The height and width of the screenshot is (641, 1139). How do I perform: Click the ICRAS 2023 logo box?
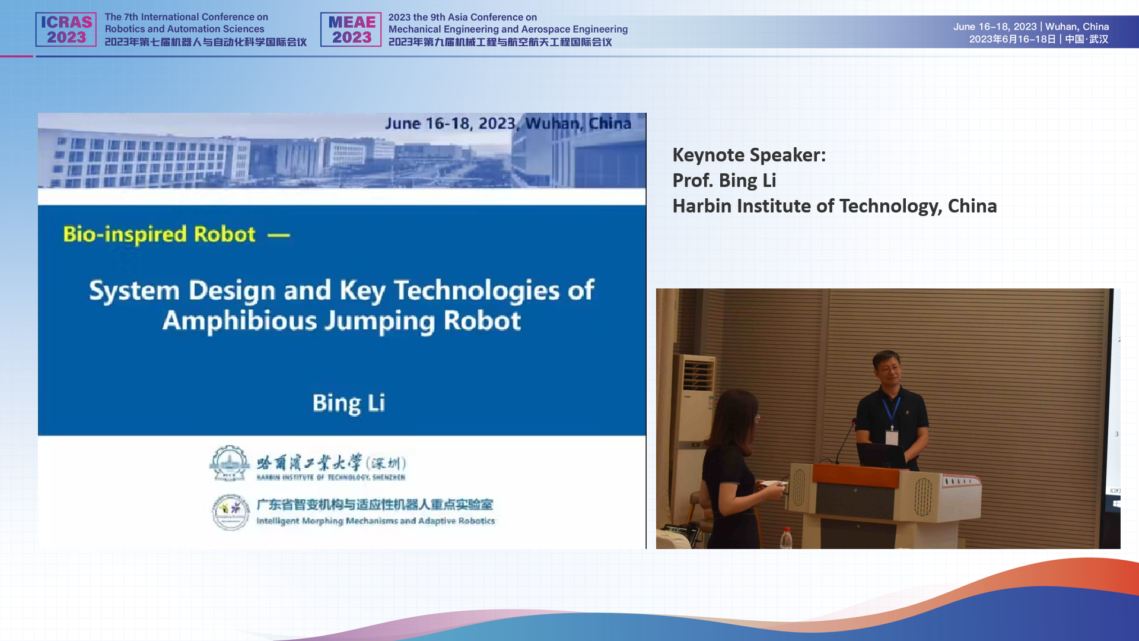(x=66, y=30)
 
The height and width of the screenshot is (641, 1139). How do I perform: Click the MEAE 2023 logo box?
(x=351, y=30)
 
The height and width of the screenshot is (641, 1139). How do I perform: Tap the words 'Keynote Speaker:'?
(x=749, y=155)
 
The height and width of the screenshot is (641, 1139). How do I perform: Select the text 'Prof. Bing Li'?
(x=724, y=180)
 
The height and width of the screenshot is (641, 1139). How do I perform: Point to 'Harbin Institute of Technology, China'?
(x=834, y=206)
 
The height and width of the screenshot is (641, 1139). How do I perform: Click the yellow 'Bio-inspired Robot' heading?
(x=160, y=234)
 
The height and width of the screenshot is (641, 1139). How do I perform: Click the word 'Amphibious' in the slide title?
(x=240, y=321)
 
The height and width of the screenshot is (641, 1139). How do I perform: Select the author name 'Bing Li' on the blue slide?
(x=349, y=403)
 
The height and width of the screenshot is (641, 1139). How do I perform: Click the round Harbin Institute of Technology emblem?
(x=230, y=463)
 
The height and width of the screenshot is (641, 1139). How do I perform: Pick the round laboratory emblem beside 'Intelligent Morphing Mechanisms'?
(x=231, y=512)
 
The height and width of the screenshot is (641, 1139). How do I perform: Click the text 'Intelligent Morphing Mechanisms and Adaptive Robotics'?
(x=376, y=521)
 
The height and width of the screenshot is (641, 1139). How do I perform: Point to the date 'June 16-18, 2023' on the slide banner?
(x=450, y=123)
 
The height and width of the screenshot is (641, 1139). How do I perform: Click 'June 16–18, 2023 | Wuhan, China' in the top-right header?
(x=1031, y=27)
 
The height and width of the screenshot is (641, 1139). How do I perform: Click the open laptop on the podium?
(x=881, y=456)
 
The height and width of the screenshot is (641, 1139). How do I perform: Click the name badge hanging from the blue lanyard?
(x=892, y=438)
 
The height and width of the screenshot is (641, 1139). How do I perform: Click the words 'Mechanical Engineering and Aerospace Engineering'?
(x=508, y=29)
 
